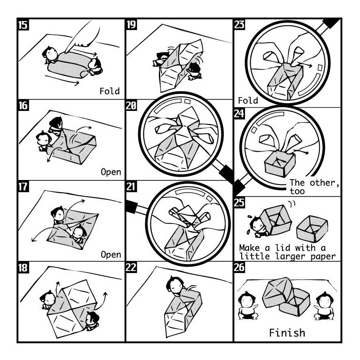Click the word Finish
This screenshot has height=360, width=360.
point(287,333)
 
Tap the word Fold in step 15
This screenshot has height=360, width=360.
point(110,91)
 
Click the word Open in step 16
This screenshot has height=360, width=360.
point(111,172)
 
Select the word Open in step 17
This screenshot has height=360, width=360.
point(111,255)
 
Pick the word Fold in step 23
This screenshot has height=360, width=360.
point(247,100)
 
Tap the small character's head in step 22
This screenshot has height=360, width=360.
point(175,284)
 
